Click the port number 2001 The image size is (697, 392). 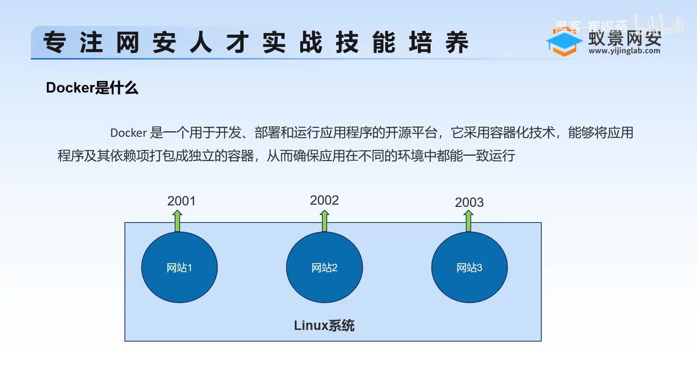181,201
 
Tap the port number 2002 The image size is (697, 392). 325,200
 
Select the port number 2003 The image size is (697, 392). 469,203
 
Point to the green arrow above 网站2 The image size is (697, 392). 325,220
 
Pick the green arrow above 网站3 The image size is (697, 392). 468,221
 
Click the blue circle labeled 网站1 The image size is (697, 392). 180,267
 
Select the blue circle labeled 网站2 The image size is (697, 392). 325,267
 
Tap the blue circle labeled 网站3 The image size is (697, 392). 469,267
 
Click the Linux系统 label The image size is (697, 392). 325,326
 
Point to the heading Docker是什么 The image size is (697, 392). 92,88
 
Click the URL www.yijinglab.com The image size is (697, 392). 625,51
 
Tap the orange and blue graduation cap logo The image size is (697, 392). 565,44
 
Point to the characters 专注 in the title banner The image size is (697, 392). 72,43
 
